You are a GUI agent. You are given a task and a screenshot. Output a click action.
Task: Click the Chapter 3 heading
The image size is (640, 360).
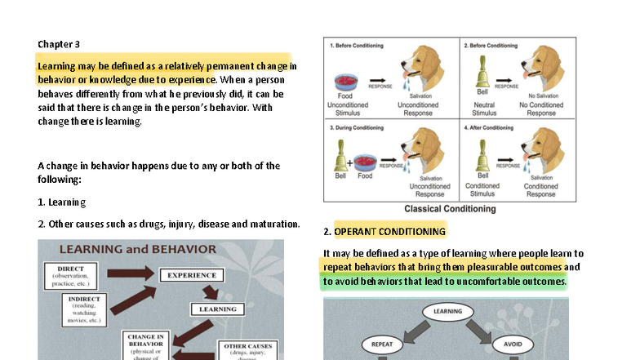click(59, 44)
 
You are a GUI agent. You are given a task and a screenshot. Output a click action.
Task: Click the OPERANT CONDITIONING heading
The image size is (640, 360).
click(389, 231)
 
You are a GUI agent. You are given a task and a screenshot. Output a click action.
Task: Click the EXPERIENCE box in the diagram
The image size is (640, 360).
click(191, 275)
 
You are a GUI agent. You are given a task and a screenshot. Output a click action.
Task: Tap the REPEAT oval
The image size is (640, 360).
click(382, 344)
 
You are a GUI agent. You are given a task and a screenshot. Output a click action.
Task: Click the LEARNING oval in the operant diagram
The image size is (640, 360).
click(447, 311)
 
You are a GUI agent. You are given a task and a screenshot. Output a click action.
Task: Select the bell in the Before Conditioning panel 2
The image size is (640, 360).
click(482, 75)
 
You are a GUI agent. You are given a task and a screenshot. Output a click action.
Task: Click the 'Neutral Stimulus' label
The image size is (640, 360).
click(483, 109)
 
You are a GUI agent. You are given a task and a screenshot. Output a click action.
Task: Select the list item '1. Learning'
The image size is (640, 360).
click(62, 202)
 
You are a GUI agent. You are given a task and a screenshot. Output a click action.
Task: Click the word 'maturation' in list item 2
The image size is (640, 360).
click(273, 224)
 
